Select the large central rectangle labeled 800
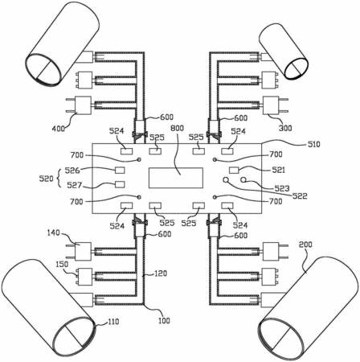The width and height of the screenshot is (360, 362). [x=176, y=178]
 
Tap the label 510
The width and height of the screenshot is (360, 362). [x=313, y=144]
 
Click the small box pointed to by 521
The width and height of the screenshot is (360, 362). [x=235, y=170]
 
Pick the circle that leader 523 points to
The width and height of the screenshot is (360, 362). [x=243, y=180]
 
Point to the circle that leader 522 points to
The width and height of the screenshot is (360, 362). [x=226, y=180]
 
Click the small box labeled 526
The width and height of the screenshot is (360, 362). [x=120, y=170]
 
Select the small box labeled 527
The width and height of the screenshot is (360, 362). [x=120, y=184]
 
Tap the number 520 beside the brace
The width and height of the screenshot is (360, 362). [x=46, y=179]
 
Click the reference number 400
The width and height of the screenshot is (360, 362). [x=59, y=129]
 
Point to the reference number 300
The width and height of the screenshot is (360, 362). [x=285, y=128]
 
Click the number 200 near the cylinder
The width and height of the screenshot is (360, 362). [x=305, y=245]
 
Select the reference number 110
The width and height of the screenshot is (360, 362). [x=112, y=321]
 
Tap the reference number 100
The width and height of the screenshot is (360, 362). [x=164, y=320]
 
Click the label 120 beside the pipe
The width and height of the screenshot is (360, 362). [x=160, y=274]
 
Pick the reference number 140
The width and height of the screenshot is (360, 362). [x=53, y=232]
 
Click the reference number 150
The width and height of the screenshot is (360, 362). [x=62, y=264]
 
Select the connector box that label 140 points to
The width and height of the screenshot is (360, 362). [x=83, y=251]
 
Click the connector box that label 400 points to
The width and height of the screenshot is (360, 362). [x=83, y=105]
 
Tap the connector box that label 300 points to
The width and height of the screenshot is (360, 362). [x=271, y=105]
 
